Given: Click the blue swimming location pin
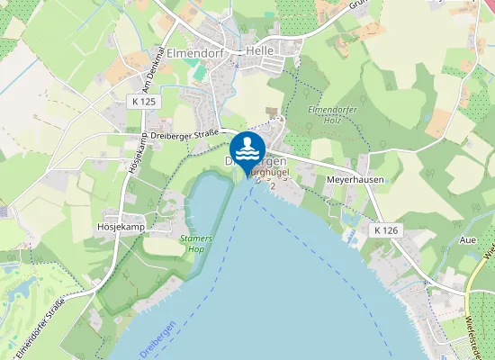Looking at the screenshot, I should click(247, 150).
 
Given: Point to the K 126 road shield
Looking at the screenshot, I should click(384, 231).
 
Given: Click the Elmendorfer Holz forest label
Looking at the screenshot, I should click(333, 114).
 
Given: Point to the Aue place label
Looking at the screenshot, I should click(467, 241).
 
